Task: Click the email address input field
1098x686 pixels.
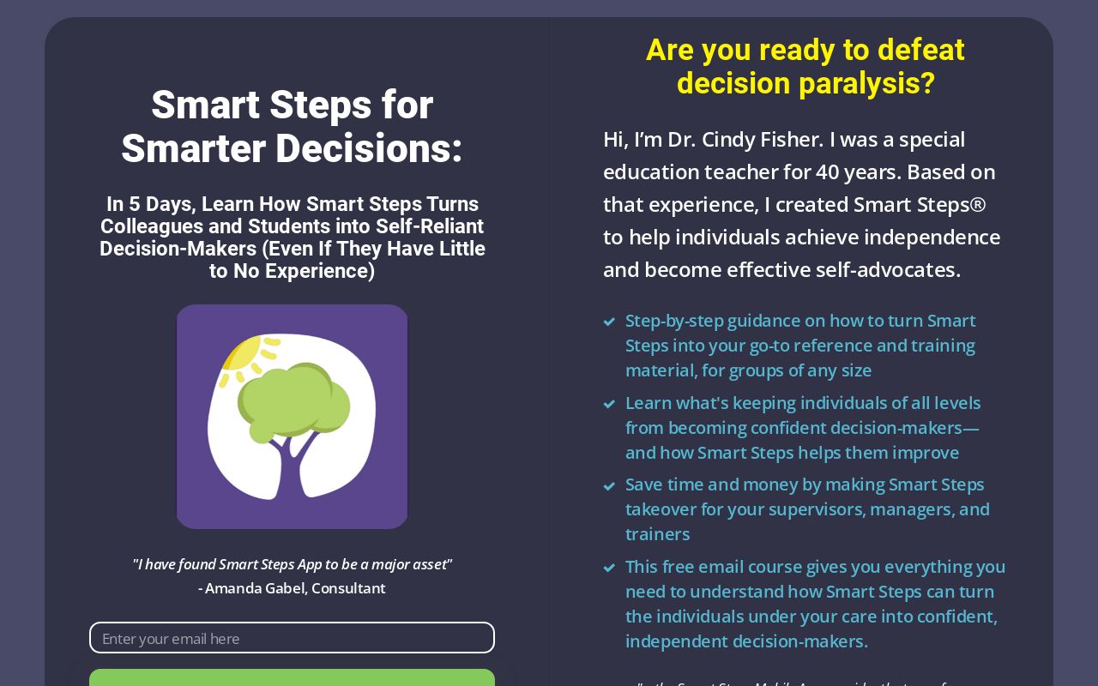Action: (x=292, y=638)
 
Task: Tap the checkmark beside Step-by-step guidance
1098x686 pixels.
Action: (x=609, y=322)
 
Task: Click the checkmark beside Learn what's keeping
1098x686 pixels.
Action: (x=609, y=404)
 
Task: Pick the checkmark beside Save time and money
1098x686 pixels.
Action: (x=609, y=486)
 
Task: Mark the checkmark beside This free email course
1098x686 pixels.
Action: (x=609, y=568)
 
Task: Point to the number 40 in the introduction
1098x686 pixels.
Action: (x=828, y=171)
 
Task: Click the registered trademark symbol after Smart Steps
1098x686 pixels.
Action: (x=977, y=204)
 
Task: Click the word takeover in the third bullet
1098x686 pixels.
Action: (x=661, y=509)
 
